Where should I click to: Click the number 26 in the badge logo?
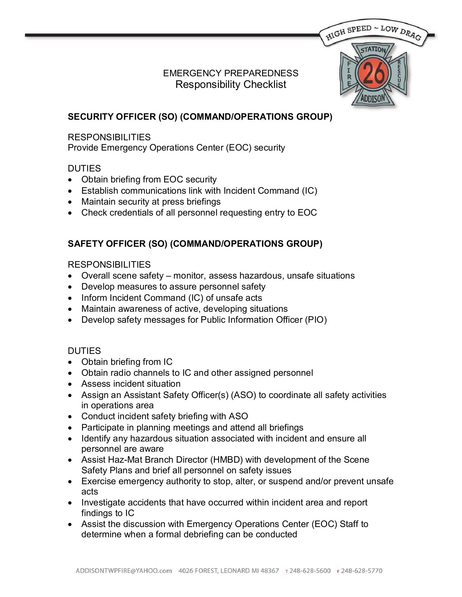[374, 73]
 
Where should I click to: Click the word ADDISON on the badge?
[373, 99]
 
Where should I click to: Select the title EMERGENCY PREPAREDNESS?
[231, 73]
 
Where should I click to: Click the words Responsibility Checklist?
[231, 85]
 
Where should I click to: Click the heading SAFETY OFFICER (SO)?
[118, 244]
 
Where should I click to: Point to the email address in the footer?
[124, 571]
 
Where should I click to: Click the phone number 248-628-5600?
[310, 571]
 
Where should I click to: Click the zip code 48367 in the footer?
[270, 571]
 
